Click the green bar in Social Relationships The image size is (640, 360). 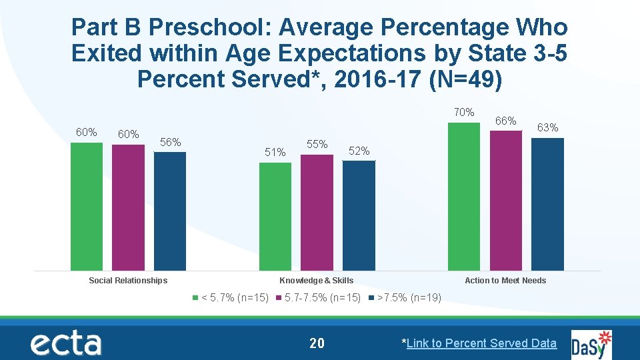coord(87,207)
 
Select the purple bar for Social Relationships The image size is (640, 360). coord(128,207)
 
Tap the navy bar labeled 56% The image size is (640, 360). coord(170,211)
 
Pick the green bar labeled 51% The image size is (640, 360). coord(275,217)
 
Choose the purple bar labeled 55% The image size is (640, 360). coord(317,213)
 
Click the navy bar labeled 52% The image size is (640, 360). coord(359,215)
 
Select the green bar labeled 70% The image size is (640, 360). coord(464,197)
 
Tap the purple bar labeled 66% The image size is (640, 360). coord(506,201)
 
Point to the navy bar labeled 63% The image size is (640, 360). coord(548,204)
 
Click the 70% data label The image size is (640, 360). coord(464,112)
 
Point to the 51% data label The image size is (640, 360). coord(275,153)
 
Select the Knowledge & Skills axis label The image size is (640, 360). coord(317,281)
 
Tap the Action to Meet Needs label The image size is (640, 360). coord(505,281)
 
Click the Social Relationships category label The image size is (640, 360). coord(128,281)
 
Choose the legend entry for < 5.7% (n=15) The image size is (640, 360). coord(230,298)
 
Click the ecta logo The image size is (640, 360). coord(65,343)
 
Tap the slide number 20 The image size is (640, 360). coord(317,343)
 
